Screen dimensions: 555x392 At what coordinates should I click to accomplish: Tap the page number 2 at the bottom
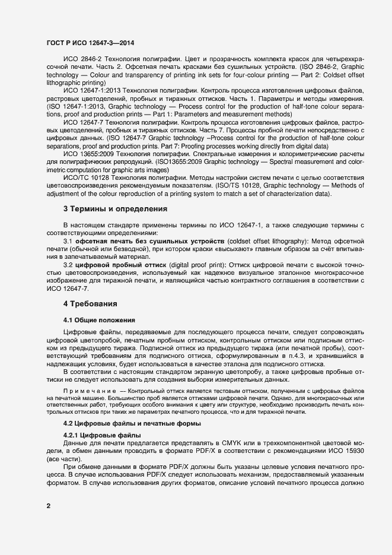(48, 506)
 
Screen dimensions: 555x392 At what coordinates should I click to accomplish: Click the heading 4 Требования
(90, 304)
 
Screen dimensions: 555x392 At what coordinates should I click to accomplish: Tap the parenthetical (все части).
(62, 459)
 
